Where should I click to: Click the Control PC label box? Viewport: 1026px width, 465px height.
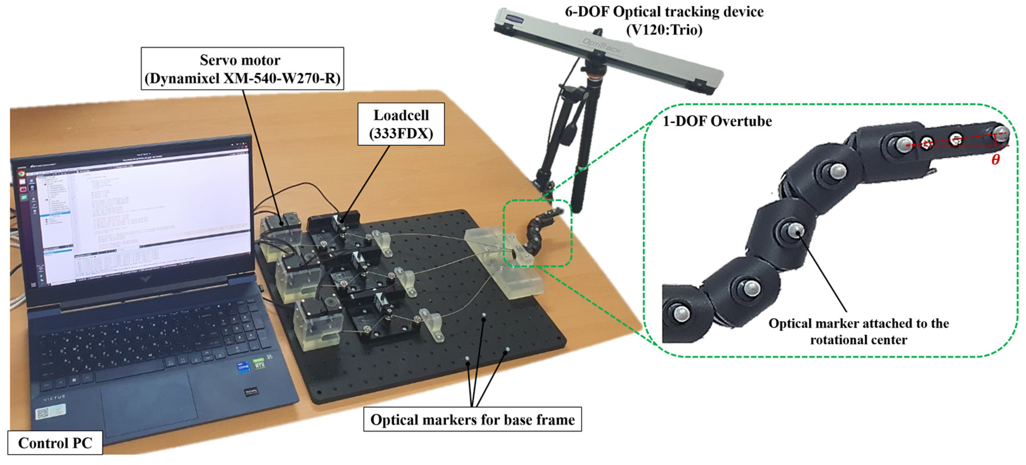tap(55, 443)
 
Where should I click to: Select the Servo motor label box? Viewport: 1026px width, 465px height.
tap(242, 69)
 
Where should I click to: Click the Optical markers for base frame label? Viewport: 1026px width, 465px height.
tap(472, 419)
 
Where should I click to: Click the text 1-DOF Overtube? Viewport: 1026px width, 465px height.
tap(717, 121)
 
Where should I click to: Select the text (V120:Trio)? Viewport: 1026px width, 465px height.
tap(664, 30)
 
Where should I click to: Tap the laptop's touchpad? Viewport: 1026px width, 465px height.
tap(149, 402)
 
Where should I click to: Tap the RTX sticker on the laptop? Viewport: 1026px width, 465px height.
tap(259, 363)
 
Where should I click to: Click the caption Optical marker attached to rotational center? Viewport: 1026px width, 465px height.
tap(858, 331)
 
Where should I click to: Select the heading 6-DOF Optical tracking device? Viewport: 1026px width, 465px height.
tap(664, 12)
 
